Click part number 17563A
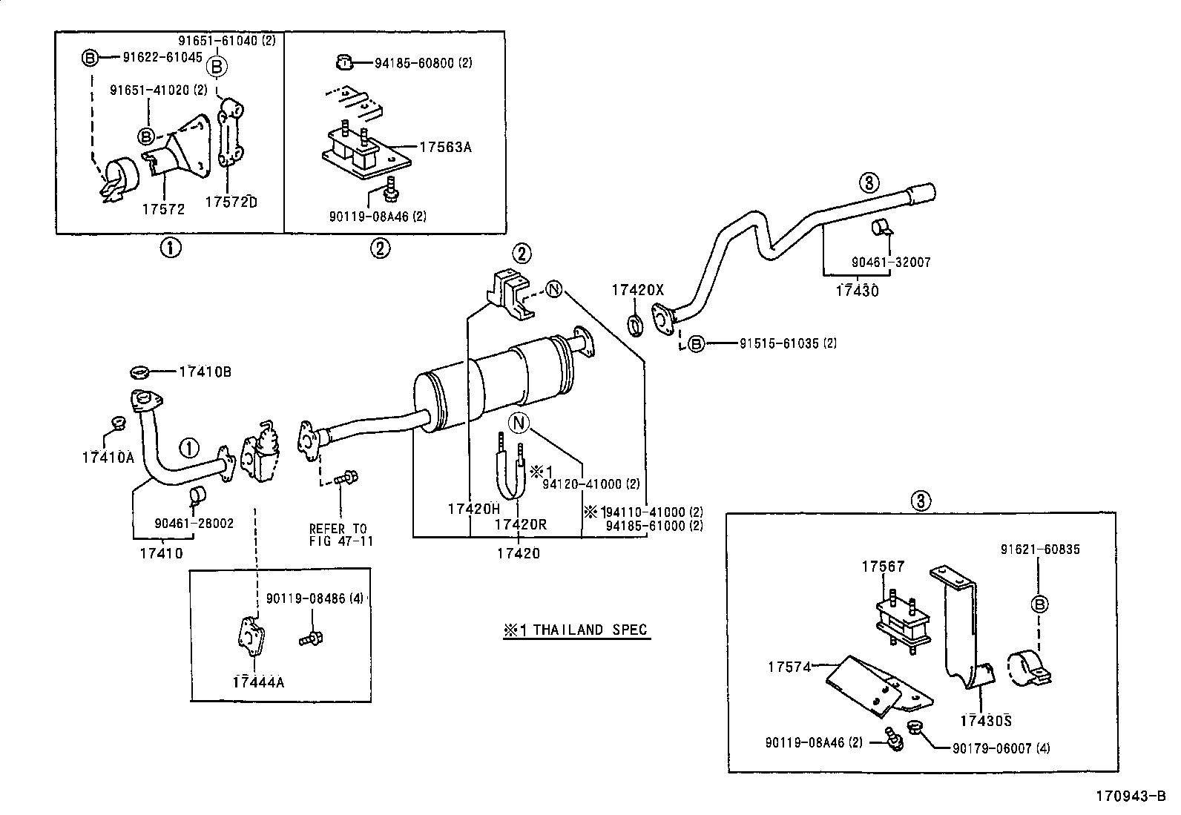445,147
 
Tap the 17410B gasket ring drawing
141,371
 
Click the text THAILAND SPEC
576,630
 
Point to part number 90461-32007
891,262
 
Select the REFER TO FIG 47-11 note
340,535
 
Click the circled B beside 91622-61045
89,57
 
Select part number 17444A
257,682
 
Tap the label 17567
883,566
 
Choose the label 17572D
231,202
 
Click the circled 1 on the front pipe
189,447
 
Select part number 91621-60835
1039,550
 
